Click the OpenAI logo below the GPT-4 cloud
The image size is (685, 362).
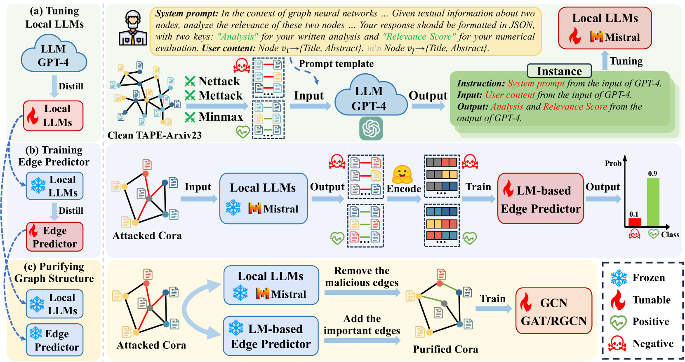371,128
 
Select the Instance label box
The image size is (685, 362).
559,71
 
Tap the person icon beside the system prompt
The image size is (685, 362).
133,28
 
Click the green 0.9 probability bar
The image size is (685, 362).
653,202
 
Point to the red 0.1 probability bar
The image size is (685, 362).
635,222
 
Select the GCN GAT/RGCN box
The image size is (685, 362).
554,311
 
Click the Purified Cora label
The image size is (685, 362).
445,349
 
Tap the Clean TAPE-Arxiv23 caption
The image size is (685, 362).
155,135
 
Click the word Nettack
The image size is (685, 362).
219,81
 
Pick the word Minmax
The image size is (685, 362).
221,117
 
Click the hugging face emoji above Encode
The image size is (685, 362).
403,175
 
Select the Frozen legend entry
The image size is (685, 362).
637,278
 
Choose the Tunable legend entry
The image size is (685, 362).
640,300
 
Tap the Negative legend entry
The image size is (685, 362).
640,343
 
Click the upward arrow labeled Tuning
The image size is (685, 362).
605,60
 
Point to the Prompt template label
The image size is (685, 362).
336,63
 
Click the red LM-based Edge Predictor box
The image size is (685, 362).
540,199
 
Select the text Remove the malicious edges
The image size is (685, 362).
362,276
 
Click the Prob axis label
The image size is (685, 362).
613,163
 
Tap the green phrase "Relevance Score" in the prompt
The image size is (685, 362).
419,37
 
